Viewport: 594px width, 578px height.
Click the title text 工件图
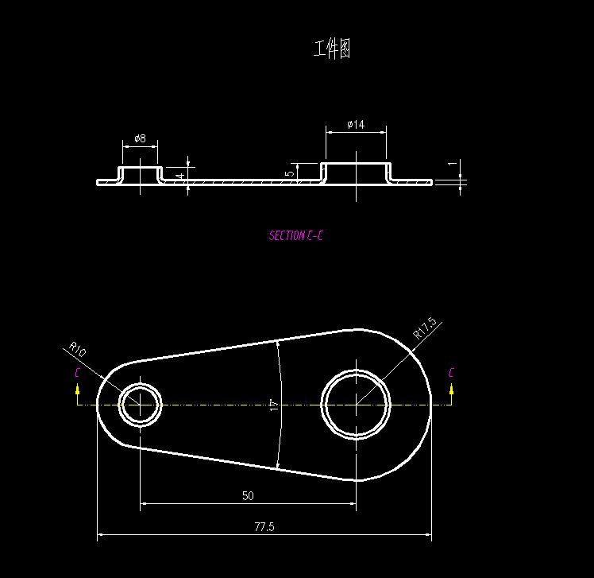click(x=332, y=49)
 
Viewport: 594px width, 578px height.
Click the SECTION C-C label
click(x=296, y=235)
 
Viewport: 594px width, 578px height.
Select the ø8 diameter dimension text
click(x=140, y=138)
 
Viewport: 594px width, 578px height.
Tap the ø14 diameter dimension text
click(x=356, y=125)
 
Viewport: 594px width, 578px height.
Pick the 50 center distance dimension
click(x=248, y=495)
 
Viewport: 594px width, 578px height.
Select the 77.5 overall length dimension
click(x=264, y=526)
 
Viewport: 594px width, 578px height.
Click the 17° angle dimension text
click(x=273, y=405)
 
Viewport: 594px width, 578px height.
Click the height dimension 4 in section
click(x=181, y=175)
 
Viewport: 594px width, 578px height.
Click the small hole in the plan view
click(x=141, y=404)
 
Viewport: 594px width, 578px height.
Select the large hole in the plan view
click(x=356, y=404)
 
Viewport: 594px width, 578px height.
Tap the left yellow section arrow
click(x=77, y=390)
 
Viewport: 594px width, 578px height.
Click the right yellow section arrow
click(x=451, y=390)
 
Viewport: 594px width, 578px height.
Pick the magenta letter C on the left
click(x=77, y=372)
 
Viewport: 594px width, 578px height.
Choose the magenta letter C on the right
click(x=451, y=372)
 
